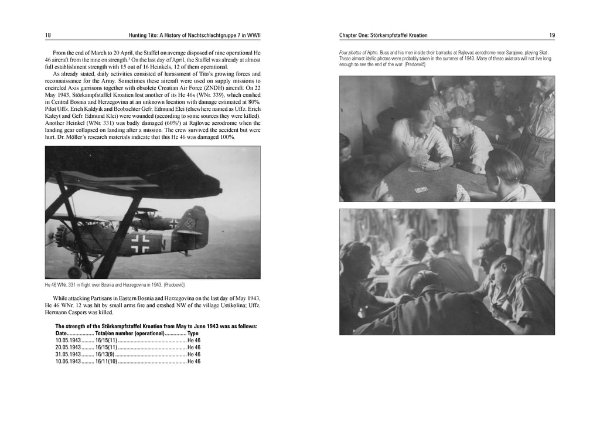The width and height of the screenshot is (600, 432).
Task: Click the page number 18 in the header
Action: (47, 36)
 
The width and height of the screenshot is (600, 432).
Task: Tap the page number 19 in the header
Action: (552, 36)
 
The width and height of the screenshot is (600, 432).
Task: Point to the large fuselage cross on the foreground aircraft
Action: (141, 242)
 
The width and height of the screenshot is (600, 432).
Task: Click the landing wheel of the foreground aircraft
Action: (74, 272)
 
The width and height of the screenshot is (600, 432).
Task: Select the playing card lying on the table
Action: (421, 189)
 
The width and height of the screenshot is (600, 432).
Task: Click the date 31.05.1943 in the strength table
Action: (68, 354)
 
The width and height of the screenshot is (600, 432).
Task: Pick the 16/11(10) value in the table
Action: (106, 362)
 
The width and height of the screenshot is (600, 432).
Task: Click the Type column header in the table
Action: (193, 333)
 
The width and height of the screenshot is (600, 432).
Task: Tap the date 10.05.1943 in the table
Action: (68, 340)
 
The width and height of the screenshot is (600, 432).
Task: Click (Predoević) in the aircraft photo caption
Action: (174, 284)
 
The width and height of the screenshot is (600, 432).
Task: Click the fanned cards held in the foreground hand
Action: (462, 192)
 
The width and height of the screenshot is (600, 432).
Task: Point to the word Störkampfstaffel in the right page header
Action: (391, 36)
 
